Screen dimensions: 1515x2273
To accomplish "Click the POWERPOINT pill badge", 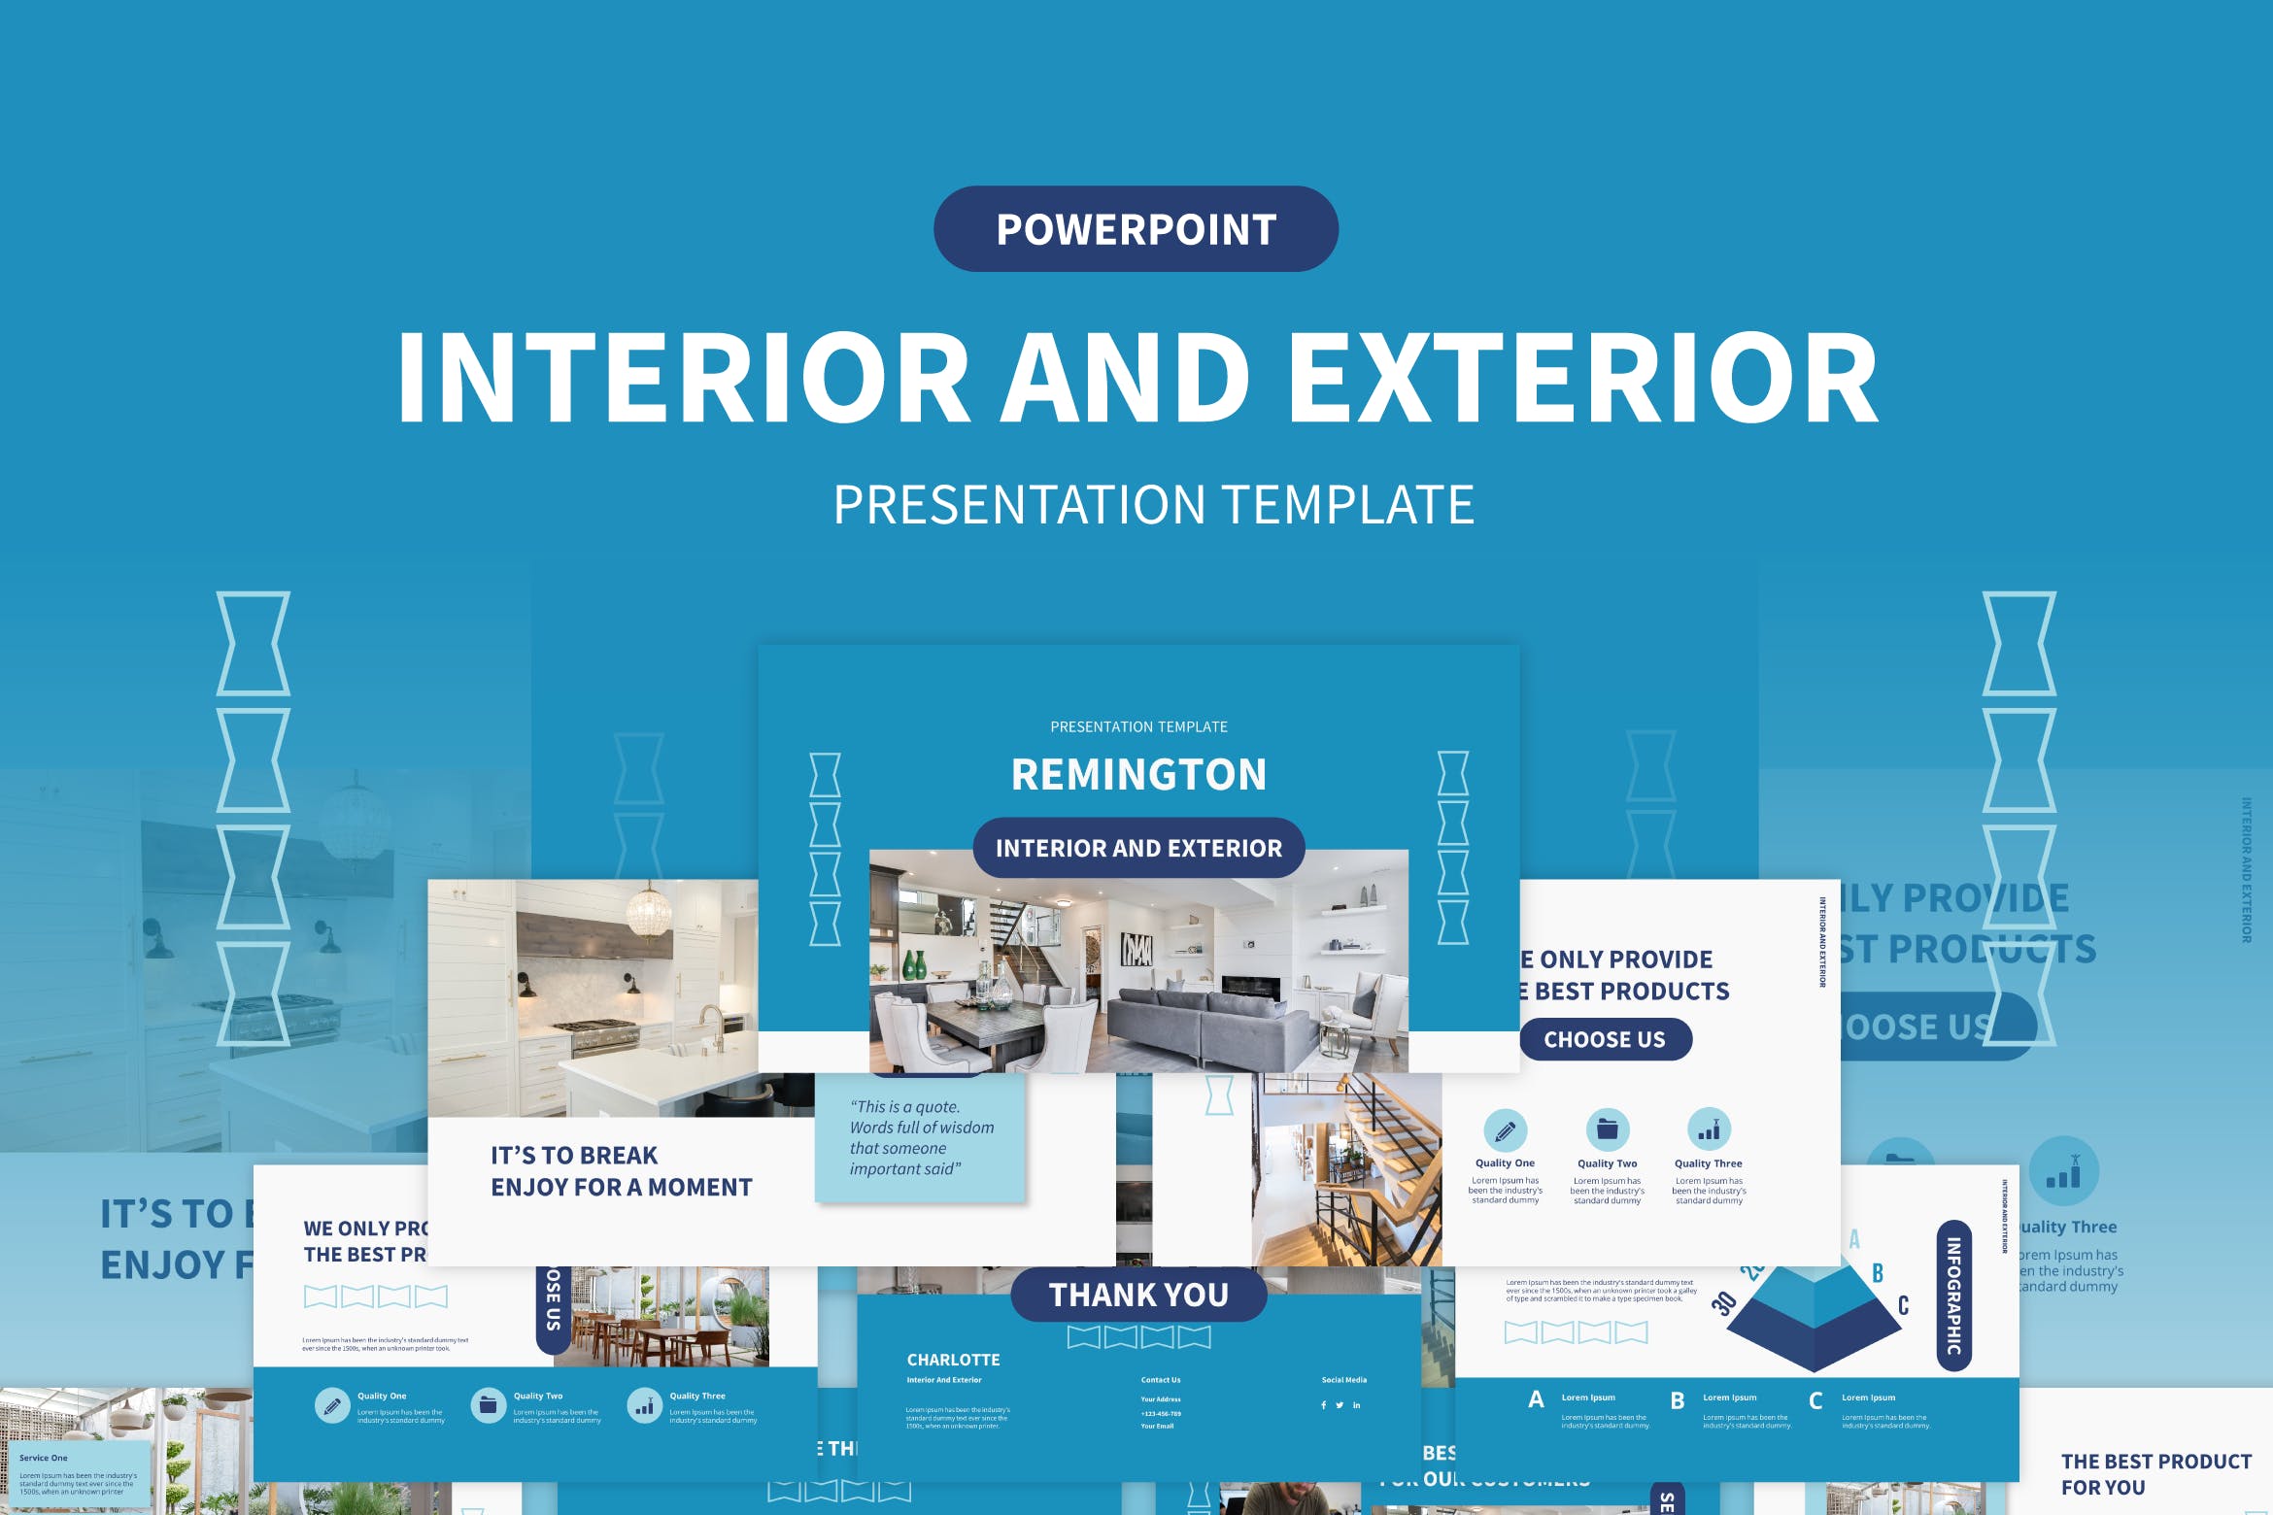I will point(1136,229).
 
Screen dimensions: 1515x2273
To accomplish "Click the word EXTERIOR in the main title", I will point(1583,379).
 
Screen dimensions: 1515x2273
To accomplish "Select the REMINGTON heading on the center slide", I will point(1138,774).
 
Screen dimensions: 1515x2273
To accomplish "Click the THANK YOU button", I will point(1138,1295).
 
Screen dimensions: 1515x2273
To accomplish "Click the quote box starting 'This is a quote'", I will point(921,1138).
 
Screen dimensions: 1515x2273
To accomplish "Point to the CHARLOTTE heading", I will point(953,1360).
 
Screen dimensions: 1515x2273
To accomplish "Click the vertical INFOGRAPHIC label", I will point(1953,1296).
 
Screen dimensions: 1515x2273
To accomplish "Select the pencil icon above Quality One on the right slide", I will point(1505,1130).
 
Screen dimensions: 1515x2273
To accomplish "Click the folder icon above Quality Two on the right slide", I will point(1607,1129).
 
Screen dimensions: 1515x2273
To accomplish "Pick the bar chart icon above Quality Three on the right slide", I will point(1709,1129).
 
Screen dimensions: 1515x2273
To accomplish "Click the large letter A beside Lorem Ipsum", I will point(1536,1399).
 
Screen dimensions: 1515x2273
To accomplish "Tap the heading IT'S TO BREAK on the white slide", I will point(574,1156).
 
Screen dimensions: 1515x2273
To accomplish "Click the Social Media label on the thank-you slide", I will point(1343,1379).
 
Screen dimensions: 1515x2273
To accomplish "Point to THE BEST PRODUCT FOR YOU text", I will point(2154,1474).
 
